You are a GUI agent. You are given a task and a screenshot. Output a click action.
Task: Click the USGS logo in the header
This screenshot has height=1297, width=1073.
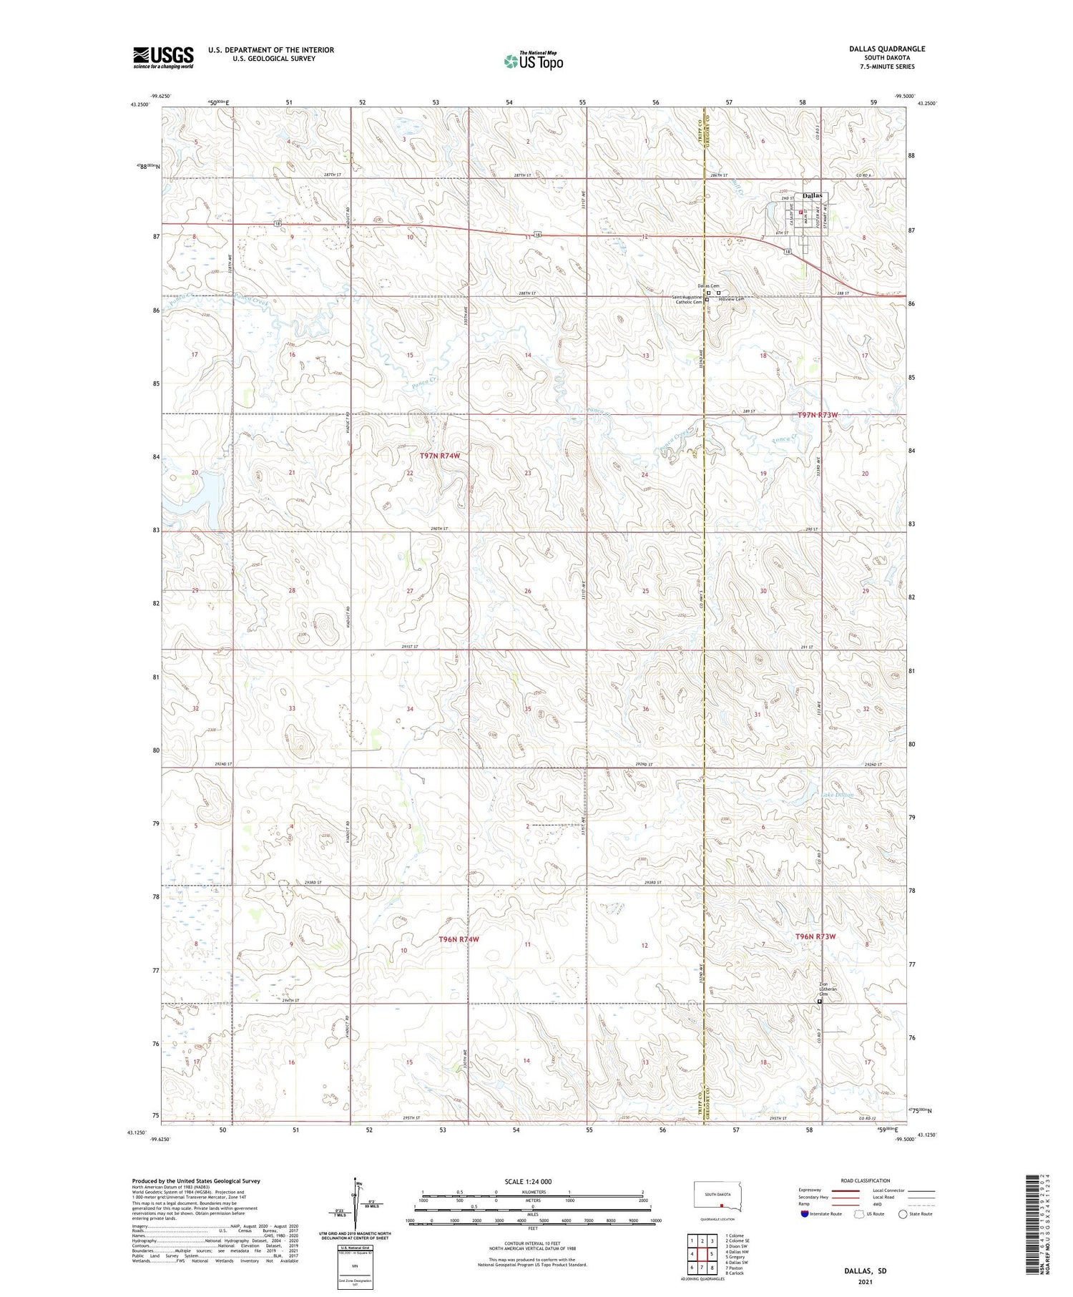tap(163, 57)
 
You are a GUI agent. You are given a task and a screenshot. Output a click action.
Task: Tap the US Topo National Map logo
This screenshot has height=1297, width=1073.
tap(533, 61)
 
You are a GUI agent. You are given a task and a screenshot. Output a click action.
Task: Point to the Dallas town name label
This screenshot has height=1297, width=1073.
tap(812, 195)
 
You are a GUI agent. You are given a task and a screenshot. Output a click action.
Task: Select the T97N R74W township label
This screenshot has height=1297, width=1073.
tap(439, 456)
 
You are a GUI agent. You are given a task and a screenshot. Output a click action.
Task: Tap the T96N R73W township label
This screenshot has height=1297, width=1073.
tap(815, 936)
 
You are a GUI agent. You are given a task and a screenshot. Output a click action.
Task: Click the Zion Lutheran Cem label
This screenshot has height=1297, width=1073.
tap(823, 989)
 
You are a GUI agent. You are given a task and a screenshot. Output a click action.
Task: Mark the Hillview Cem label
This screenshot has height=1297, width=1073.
tap(731, 299)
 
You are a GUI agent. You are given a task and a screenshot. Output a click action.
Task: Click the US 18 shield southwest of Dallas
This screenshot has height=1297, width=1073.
tap(787, 251)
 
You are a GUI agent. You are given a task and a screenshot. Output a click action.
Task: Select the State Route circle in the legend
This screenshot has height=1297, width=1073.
tap(903, 1214)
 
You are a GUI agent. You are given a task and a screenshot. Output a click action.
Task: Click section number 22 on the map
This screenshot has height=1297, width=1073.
tap(410, 474)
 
